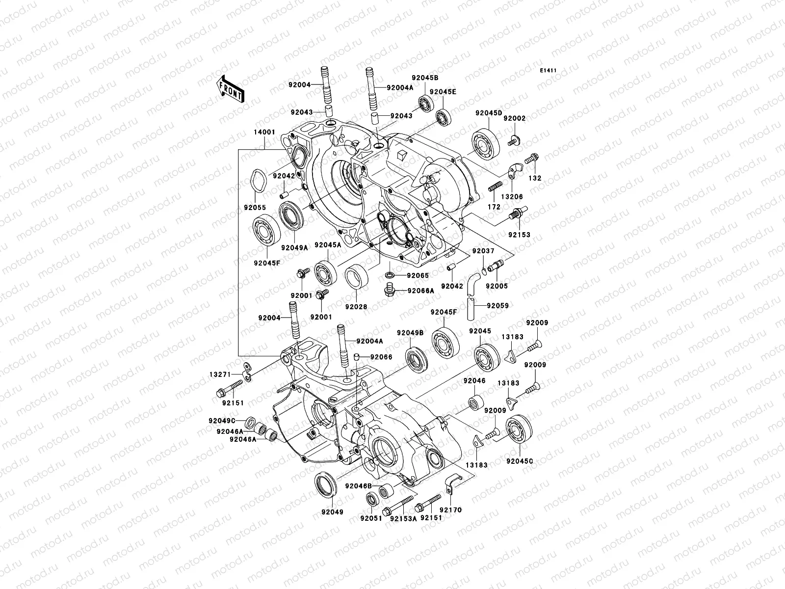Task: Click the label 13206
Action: coord(513,196)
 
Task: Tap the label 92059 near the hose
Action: coord(497,305)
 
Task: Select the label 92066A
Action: coord(420,291)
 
